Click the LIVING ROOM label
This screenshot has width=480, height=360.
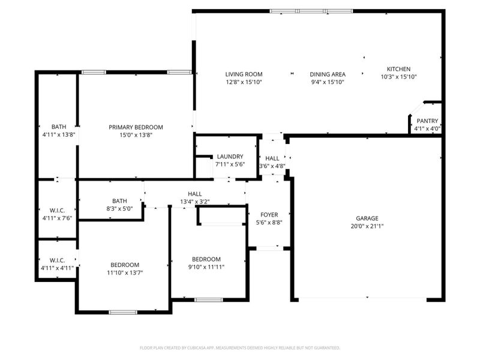(244, 74)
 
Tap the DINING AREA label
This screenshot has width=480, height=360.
(328, 74)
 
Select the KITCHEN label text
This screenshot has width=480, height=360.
(398, 69)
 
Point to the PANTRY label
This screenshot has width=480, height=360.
(427, 121)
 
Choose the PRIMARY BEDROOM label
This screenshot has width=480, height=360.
(136, 127)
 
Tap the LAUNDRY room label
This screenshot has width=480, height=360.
(230, 157)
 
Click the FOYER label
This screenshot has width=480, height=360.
(269, 215)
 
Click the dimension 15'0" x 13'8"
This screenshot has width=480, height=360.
(136, 135)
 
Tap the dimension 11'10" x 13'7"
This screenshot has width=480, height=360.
(125, 272)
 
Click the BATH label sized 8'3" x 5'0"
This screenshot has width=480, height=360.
(119, 201)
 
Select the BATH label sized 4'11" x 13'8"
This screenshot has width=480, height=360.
(59, 127)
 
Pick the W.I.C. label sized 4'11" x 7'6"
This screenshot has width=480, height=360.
(57, 210)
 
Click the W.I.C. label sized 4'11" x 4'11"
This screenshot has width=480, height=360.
(57, 260)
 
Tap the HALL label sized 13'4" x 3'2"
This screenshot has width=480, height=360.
(195, 194)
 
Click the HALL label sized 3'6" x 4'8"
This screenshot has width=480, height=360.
(272, 158)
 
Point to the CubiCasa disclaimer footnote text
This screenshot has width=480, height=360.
(240, 347)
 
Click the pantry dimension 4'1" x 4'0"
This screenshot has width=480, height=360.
(427, 128)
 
